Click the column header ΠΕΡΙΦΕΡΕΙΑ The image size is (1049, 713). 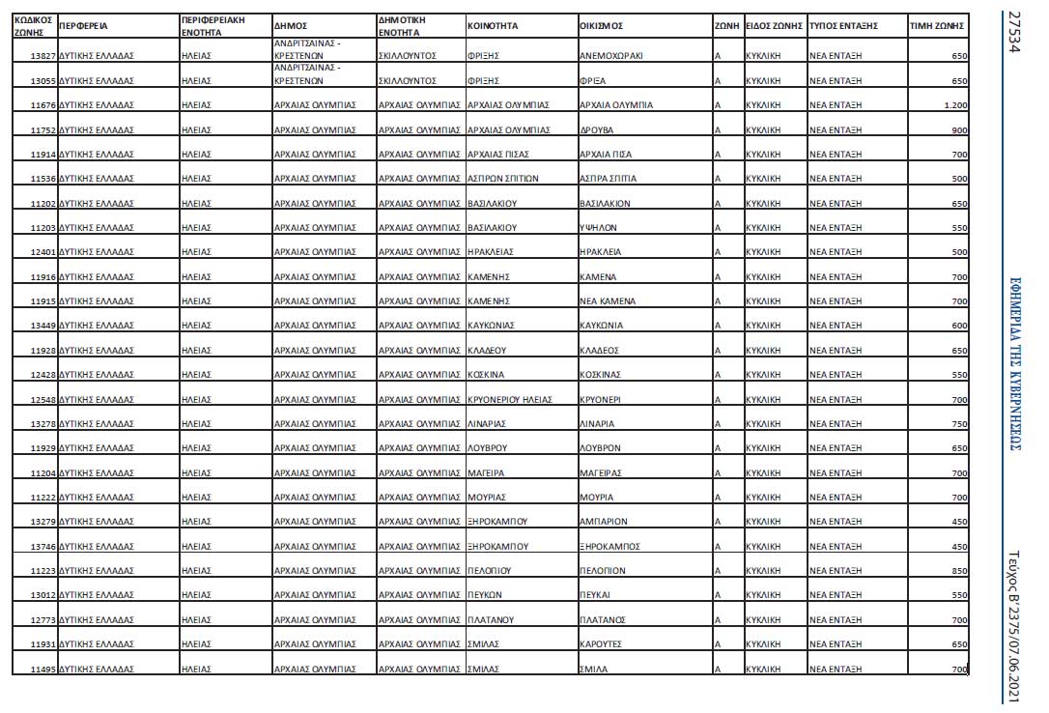point(82,26)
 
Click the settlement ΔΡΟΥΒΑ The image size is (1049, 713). point(597,129)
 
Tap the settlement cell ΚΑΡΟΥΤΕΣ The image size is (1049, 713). point(602,644)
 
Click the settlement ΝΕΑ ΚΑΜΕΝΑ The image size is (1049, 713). point(607,301)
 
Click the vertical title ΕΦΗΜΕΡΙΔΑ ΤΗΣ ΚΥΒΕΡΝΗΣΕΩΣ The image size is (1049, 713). point(1014,360)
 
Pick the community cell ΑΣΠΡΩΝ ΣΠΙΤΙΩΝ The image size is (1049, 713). point(502,179)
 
